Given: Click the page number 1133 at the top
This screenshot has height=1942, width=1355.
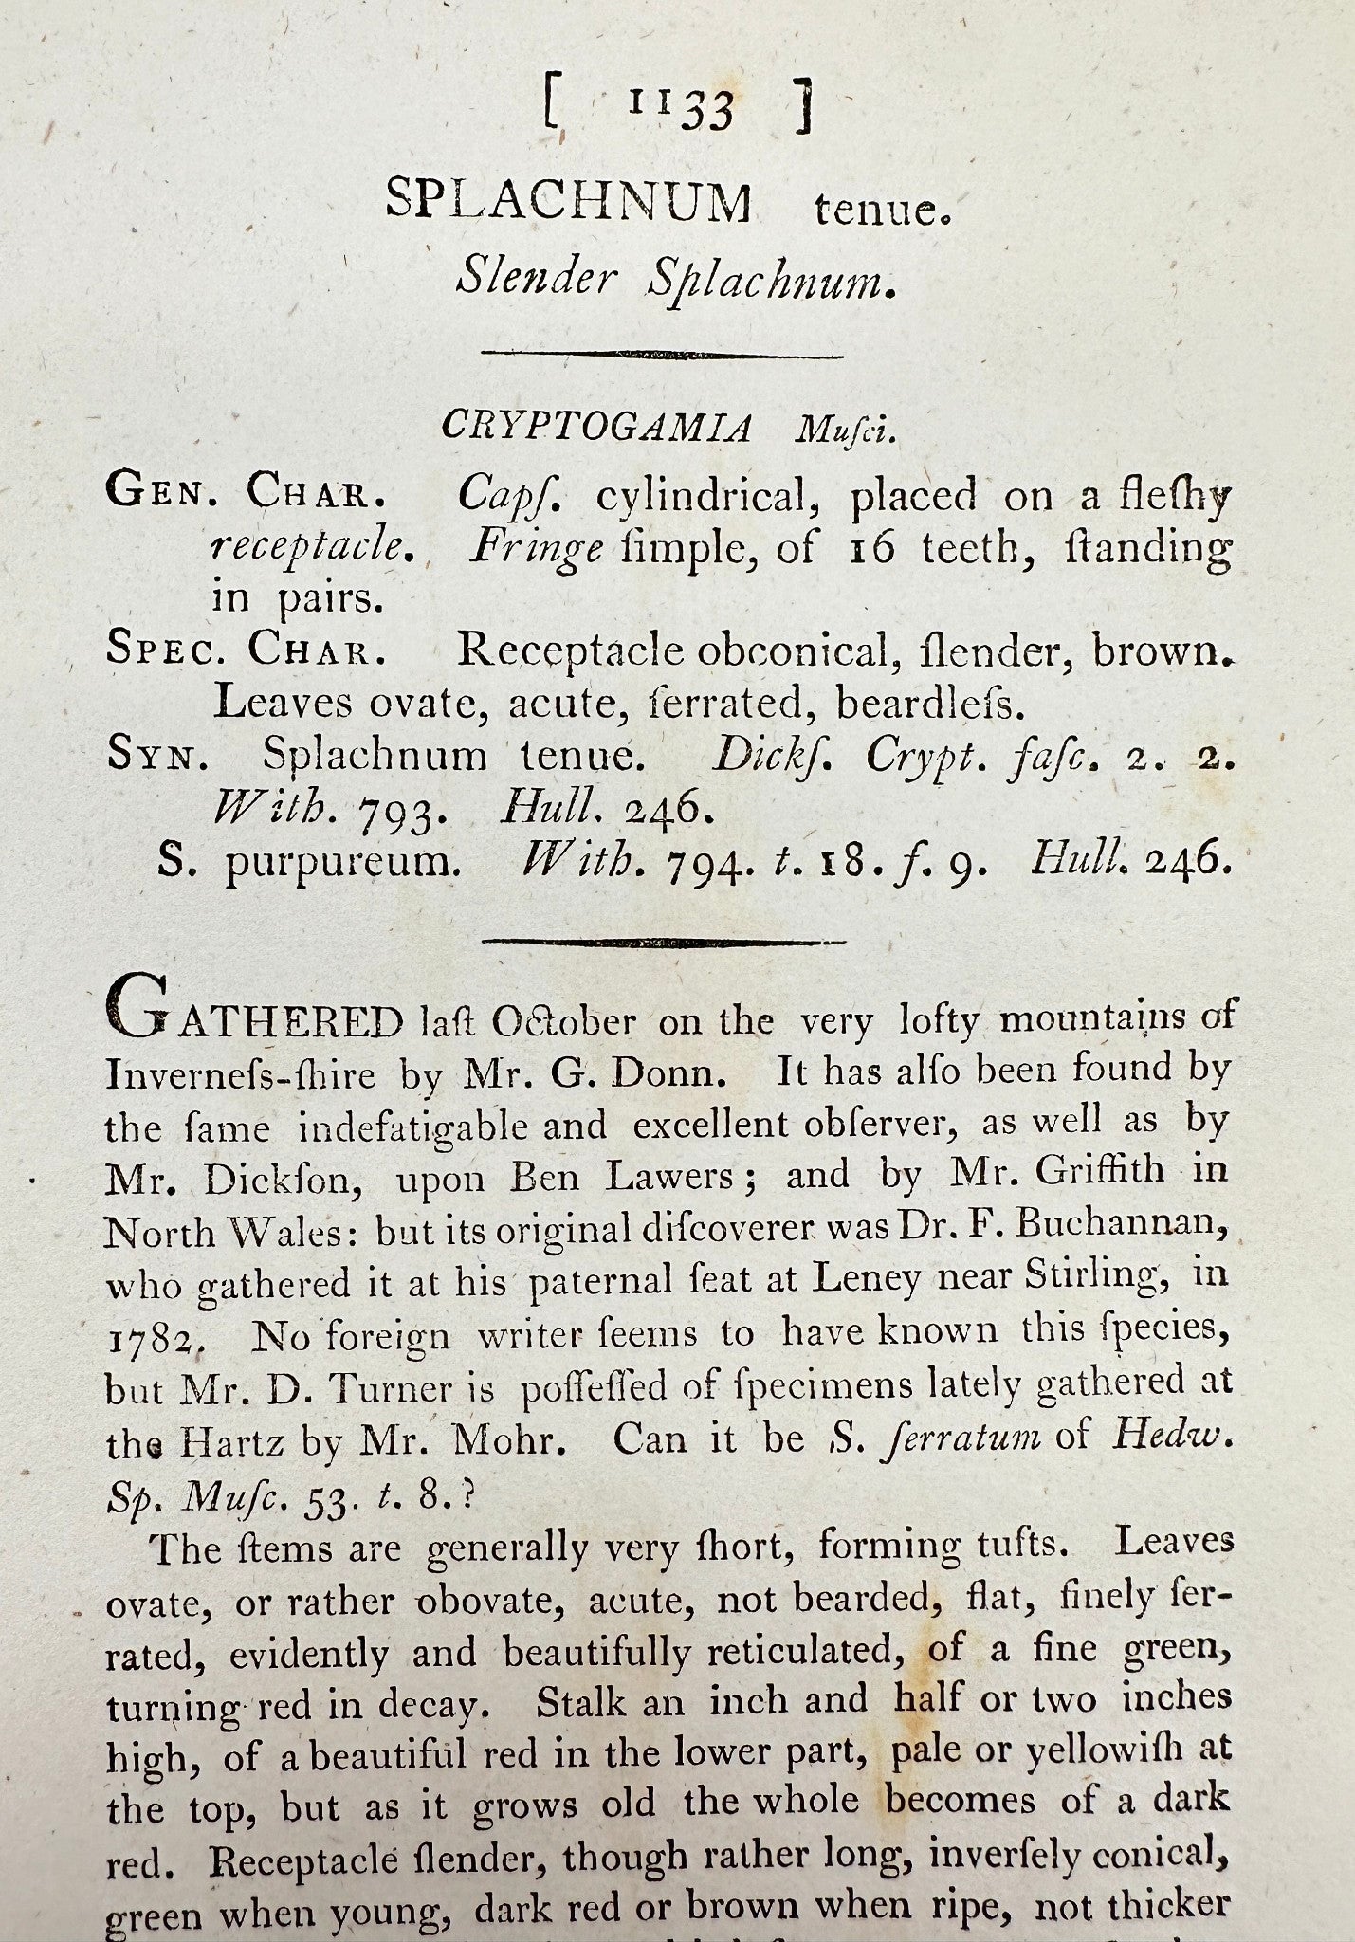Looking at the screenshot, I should (681, 110).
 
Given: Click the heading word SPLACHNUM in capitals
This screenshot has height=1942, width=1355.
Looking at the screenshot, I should (569, 202).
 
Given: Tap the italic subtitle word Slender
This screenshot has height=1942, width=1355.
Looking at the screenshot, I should (537, 278).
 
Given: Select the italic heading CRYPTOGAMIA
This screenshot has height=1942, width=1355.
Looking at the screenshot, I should (596, 428).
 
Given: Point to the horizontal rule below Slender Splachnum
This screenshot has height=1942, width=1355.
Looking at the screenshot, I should (663, 355).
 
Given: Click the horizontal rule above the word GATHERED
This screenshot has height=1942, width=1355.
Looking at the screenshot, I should (663, 943).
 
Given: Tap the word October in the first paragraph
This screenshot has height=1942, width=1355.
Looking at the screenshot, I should (563, 1021).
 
